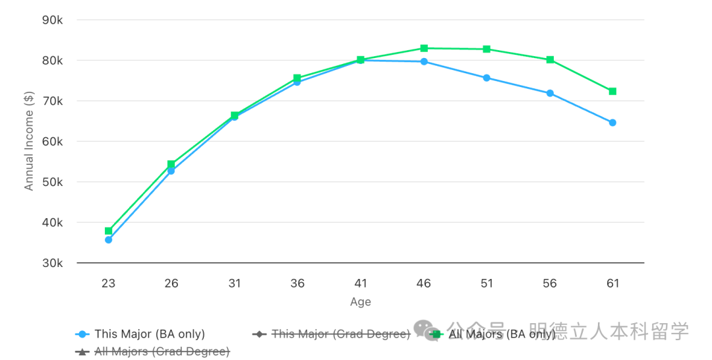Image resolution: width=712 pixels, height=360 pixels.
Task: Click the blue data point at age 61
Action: (x=612, y=123)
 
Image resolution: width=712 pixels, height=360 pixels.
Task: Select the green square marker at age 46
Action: (x=424, y=48)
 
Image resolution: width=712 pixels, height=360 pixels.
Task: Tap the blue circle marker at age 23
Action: (x=108, y=240)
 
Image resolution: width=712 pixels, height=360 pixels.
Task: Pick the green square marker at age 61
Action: (x=612, y=92)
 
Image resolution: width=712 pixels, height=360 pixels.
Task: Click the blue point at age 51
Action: (x=487, y=78)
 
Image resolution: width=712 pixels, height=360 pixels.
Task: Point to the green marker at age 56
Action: (x=550, y=60)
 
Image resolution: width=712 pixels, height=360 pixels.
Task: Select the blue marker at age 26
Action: (x=171, y=171)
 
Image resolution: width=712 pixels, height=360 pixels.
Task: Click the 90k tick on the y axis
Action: (x=51, y=20)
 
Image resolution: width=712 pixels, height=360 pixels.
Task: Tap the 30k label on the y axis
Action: (x=51, y=263)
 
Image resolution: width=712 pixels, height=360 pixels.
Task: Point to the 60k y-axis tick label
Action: (x=51, y=142)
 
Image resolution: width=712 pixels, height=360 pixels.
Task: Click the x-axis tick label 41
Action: (x=361, y=284)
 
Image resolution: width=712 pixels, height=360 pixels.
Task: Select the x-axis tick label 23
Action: (x=108, y=284)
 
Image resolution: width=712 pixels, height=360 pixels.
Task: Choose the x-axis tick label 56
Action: (x=550, y=284)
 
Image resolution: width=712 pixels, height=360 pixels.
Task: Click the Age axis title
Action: (x=361, y=302)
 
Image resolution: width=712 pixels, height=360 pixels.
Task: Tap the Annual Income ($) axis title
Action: (x=29, y=142)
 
